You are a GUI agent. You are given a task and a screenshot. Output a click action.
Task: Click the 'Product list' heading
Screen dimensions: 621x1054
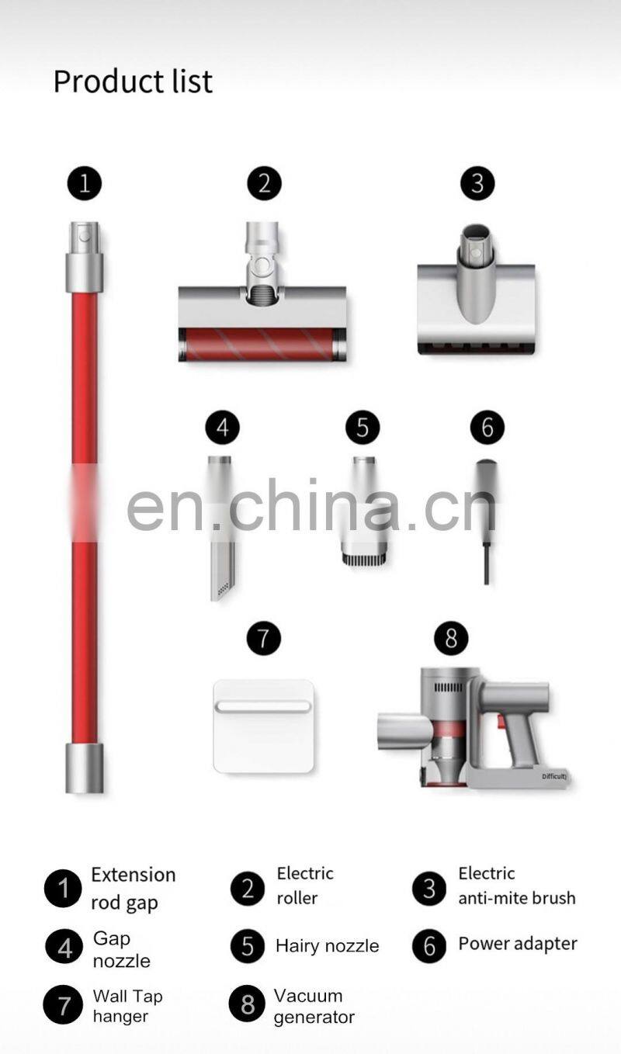coord(134,81)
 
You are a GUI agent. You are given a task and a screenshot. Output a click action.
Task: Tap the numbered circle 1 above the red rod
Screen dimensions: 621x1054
coord(85,183)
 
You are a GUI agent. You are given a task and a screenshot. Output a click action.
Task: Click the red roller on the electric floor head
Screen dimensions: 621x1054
coord(262,345)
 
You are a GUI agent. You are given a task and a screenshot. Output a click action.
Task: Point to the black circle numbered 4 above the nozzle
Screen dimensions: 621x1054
coord(223,427)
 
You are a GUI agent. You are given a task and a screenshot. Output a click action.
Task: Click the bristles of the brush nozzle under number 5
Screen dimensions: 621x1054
coord(364,560)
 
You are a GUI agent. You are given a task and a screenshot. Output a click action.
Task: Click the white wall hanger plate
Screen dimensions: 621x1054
coord(263,726)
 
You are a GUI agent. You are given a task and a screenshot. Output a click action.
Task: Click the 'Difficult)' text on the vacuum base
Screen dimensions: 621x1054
coord(554,776)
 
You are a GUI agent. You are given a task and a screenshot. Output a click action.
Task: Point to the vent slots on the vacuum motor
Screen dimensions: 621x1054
coord(448,688)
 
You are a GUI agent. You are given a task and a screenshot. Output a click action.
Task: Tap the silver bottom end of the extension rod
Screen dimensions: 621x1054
coord(85,768)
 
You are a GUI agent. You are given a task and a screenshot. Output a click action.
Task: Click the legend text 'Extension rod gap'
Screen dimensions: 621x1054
coord(134,889)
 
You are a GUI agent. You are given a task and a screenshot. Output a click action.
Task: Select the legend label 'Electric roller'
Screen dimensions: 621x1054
coord(305,886)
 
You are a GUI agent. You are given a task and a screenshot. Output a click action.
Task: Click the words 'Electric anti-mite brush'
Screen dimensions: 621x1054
coord(516,886)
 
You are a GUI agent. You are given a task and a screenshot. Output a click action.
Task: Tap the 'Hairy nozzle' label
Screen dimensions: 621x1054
coord(328,946)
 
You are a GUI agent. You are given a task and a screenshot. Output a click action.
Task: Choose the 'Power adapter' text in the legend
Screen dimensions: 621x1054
coord(518,944)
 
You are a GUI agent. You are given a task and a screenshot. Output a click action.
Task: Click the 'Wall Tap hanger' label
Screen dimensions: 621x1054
coord(127,1006)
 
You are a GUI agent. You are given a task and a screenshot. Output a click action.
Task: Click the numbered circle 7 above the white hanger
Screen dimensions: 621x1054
coord(263,638)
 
